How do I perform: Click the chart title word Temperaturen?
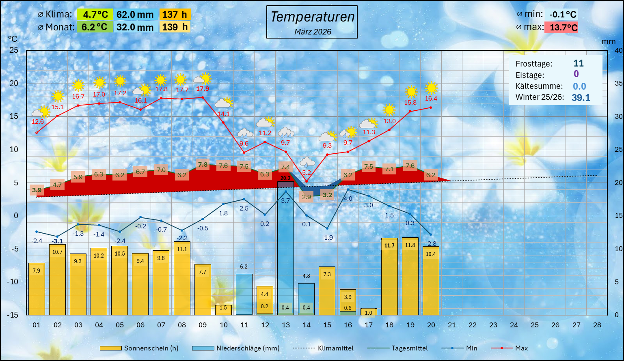coord(312,17)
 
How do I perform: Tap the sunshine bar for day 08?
coord(182,280)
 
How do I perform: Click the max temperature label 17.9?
coord(202,89)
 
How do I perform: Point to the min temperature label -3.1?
coord(58,241)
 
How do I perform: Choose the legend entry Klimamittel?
coord(335,348)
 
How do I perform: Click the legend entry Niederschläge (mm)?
coord(248,348)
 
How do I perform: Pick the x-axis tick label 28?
coord(597,325)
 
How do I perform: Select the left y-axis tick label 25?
coord(14,50)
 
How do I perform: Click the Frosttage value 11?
coord(578,63)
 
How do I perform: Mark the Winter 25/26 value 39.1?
coord(581,97)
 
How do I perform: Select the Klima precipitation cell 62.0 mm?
coord(135,15)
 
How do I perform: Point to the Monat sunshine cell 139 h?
coord(175,27)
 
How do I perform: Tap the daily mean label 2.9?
coord(306,197)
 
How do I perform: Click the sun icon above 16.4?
coord(431,88)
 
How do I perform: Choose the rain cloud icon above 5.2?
coord(307,163)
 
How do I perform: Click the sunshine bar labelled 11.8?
coord(410,276)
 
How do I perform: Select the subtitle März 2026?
coord(313,32)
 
